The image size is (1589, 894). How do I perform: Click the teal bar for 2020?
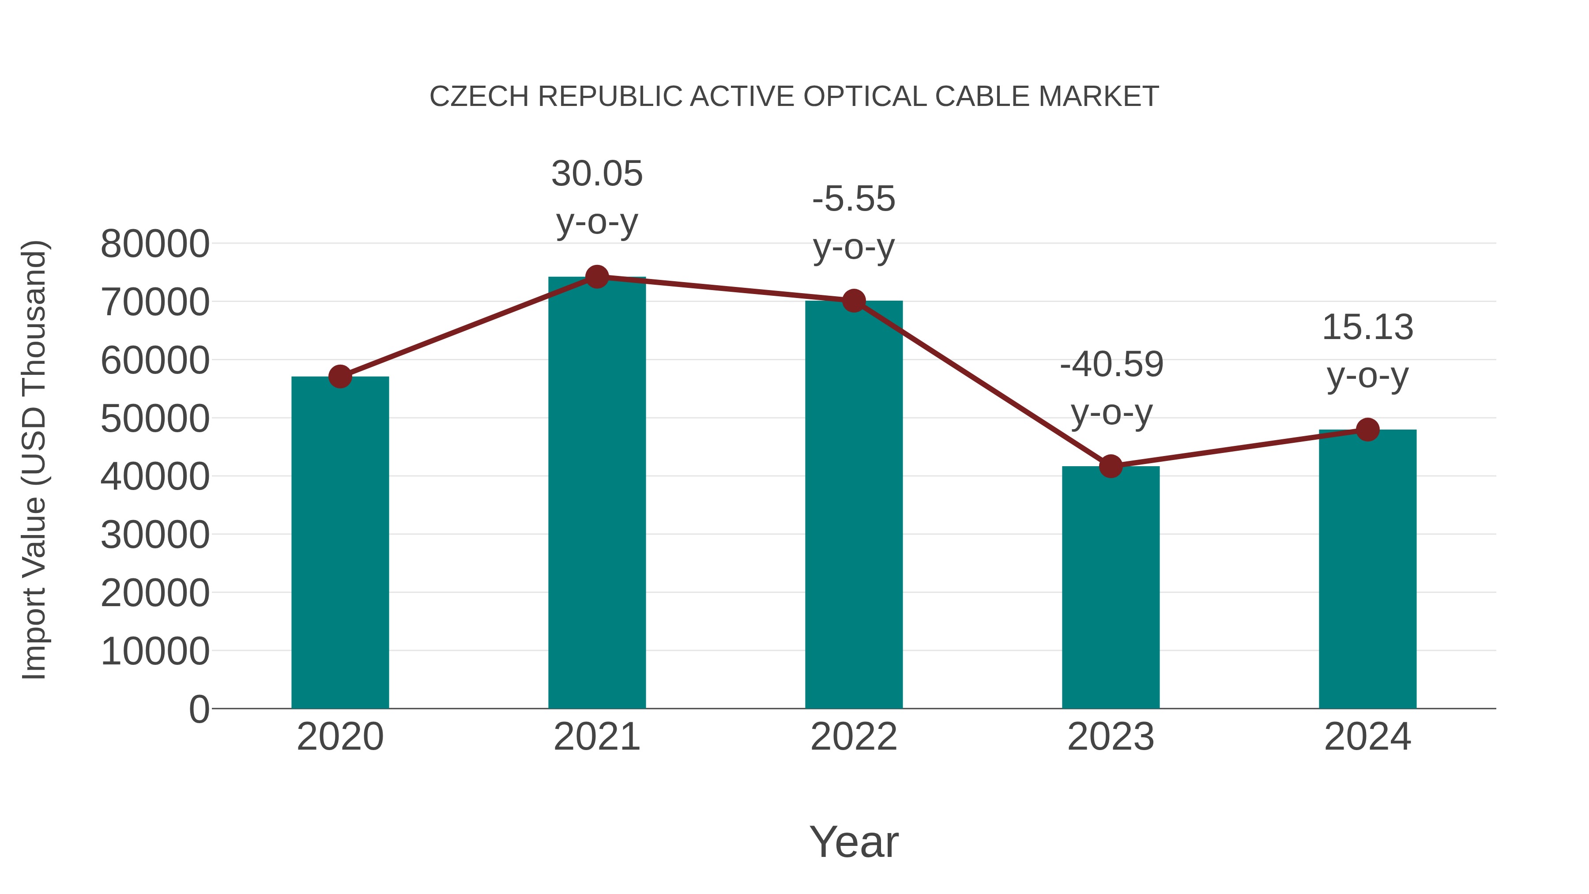[340, 543]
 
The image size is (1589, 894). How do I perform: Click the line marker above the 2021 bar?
[596, 277]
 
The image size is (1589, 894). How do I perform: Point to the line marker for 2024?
[1367, 430]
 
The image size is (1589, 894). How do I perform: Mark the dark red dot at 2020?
[340, 376]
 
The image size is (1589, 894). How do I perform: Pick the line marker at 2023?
[1111, 467]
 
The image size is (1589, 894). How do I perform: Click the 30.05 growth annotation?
[596, 174]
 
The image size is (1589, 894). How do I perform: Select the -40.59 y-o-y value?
[1111, 364]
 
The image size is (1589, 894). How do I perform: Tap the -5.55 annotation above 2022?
[854, 199]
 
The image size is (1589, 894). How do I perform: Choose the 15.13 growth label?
[1367, 327]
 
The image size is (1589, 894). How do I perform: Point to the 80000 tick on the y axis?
[155, 244]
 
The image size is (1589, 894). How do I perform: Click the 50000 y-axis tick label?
[155, 419]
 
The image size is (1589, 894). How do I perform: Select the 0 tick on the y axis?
[199, 709]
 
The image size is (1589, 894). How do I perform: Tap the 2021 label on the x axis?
[596, 737]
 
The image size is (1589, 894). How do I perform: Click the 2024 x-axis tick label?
[1367, 737]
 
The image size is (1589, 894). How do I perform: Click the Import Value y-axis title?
[34, 460]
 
